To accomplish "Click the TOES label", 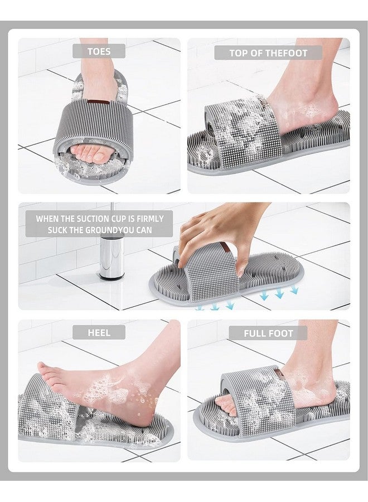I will [x=99, y=51].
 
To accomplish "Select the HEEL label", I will [x=99, y=332].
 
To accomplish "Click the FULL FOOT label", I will [x=268, y=333].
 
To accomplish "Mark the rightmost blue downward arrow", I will [x=294, y=290].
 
